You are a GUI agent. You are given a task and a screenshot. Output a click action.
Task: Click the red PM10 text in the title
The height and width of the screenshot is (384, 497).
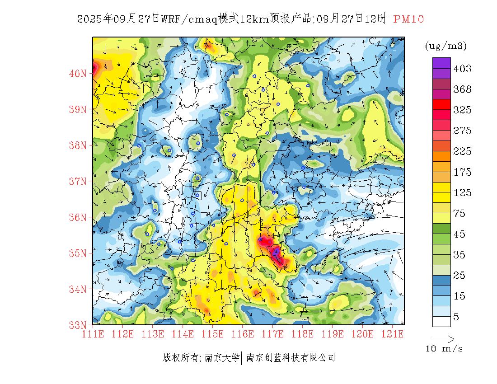point(408,19)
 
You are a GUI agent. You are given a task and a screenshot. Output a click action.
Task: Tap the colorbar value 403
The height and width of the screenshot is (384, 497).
point(462,69)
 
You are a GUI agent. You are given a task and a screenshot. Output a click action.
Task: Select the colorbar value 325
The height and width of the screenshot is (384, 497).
point(462,110)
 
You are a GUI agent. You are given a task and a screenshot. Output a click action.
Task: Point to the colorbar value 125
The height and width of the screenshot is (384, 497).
point(462,193)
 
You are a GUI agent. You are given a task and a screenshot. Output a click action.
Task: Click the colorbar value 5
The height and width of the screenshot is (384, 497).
point(456,317)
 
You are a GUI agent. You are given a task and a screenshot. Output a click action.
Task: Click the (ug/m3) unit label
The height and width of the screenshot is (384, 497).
point(445,46)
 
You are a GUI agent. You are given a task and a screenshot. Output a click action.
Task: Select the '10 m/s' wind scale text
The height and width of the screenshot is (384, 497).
point(445,349)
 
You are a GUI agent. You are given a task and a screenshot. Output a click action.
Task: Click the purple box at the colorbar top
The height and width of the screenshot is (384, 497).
point(441,63)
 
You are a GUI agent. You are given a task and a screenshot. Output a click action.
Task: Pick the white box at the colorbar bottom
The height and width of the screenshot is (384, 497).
point(441,321)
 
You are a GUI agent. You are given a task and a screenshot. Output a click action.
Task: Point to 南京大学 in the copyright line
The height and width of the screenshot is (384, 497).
point(222,358)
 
